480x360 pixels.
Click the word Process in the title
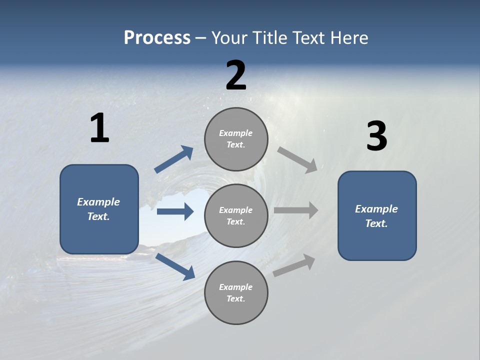tap(157, 38)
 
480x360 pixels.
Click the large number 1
tap(99, 128)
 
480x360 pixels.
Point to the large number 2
tap(236, 75)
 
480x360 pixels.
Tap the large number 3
tap(376, 136)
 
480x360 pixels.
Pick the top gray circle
tap(236, 139)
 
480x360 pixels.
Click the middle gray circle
tap(236, 215)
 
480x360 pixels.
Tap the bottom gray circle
tap(236, 292)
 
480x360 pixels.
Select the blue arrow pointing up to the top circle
tap(174, 159)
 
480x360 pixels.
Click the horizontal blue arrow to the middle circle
tap(175, 211)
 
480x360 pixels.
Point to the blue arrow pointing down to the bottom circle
tap(175, 266)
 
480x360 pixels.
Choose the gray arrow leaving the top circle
tap(297, 159)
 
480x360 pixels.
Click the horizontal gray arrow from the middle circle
tap(296, 210)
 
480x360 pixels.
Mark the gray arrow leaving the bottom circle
tap(294, 265)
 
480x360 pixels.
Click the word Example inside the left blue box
tap(98, 202)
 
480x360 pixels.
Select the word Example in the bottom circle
tap(235, 287)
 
